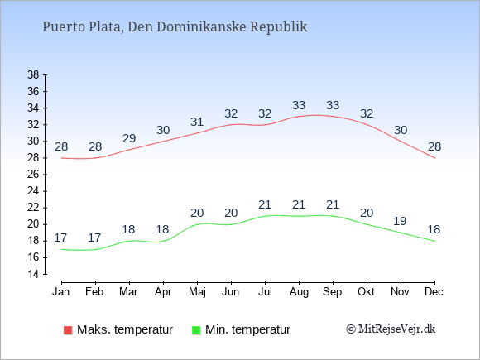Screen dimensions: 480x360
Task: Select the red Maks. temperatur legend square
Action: click(x=68, y=330)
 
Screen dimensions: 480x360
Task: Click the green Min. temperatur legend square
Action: click(x=196, y=330)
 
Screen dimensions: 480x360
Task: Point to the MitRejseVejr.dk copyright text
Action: click(x=391, y=329)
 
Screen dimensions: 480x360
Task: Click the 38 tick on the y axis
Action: click(x=33, y=74)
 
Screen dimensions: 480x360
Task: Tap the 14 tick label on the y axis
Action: click(x=33, y=274)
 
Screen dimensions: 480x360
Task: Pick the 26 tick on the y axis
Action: click(x=33, y=175)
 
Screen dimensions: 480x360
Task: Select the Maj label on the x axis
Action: click(x=197, y=292)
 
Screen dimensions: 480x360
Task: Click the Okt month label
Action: click(x=367, y=291)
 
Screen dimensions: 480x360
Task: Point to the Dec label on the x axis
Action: click(x=434, y=291)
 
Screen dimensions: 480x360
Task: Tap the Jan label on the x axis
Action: click(x=61, y=291)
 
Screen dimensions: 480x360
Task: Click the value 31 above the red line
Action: click(x=197, y=122)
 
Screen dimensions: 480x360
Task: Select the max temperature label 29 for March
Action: click(x=129, y=138)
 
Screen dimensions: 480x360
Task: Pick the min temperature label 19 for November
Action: click(x=400, y=221)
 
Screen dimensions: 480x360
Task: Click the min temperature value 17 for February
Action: click(x=94, y=238)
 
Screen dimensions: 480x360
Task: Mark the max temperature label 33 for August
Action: click(x=299, y=105)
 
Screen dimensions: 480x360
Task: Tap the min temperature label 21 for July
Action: click(x=265, y=204)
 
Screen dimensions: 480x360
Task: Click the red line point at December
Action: click(x=434, y=158)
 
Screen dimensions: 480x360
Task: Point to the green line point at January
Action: click(x=62, y=249)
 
